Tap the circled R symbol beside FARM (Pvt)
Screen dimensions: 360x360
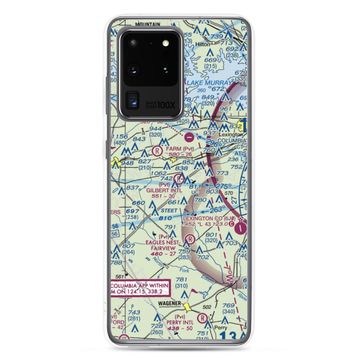click(157, 150)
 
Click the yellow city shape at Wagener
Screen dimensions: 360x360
click(187, 307)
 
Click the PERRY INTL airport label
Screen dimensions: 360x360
click(180, 322)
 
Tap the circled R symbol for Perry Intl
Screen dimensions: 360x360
click(203, 318)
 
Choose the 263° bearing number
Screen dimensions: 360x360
click(217, 208)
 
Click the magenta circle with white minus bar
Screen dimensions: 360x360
click(190, 137)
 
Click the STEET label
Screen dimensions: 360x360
click(169, 210)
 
